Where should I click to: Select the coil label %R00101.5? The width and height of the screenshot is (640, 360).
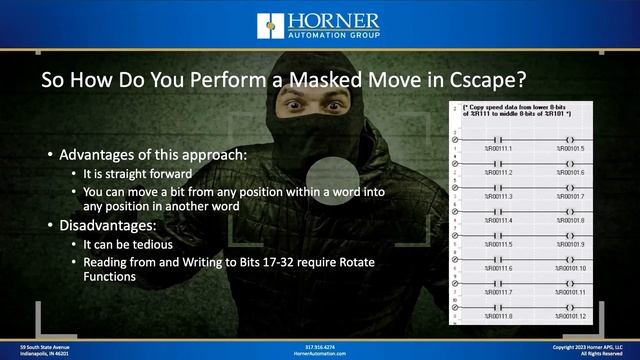(x=569, y=148)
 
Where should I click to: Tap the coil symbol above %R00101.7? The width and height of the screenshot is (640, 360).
(x=568, y=185)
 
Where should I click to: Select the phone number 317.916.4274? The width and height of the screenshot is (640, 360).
(x=320, y=346)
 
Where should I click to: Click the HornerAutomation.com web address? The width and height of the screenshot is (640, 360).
(x=320, y=353)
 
